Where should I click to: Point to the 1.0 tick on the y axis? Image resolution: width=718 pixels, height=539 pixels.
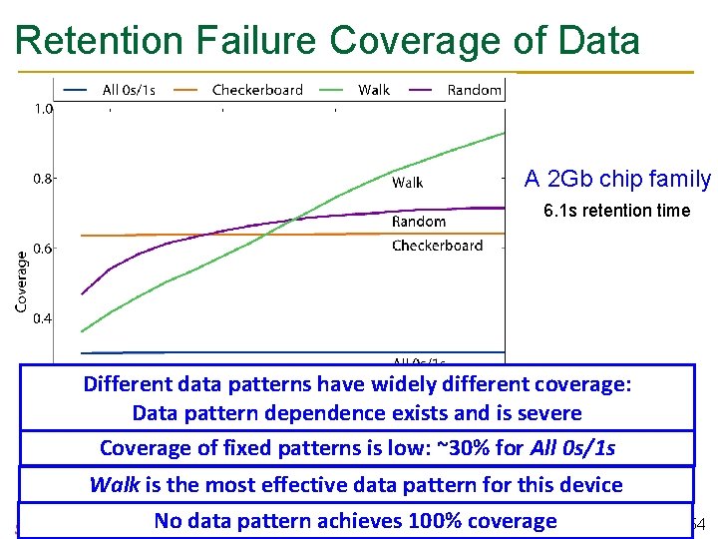(44, 109)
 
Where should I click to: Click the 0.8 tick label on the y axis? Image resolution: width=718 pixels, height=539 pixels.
(44, 180)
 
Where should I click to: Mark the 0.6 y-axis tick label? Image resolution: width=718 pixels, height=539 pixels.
(44, 250)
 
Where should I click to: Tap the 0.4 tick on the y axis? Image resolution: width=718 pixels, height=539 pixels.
(44, 319)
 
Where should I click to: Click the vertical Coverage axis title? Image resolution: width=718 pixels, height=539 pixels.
(21, 281)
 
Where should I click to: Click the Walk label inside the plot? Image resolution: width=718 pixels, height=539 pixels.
(407, 183)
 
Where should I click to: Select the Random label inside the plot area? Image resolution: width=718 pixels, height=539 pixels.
(419, 222)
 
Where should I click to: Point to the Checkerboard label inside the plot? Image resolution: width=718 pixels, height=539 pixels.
(437, 246)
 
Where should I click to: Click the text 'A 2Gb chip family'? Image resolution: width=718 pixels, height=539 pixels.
(617, 180)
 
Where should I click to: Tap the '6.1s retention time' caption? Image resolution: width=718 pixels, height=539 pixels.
(616, 211)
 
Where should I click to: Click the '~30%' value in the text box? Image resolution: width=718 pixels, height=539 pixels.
(467, 448)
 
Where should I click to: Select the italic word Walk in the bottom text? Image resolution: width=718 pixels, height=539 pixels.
(115, 485)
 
